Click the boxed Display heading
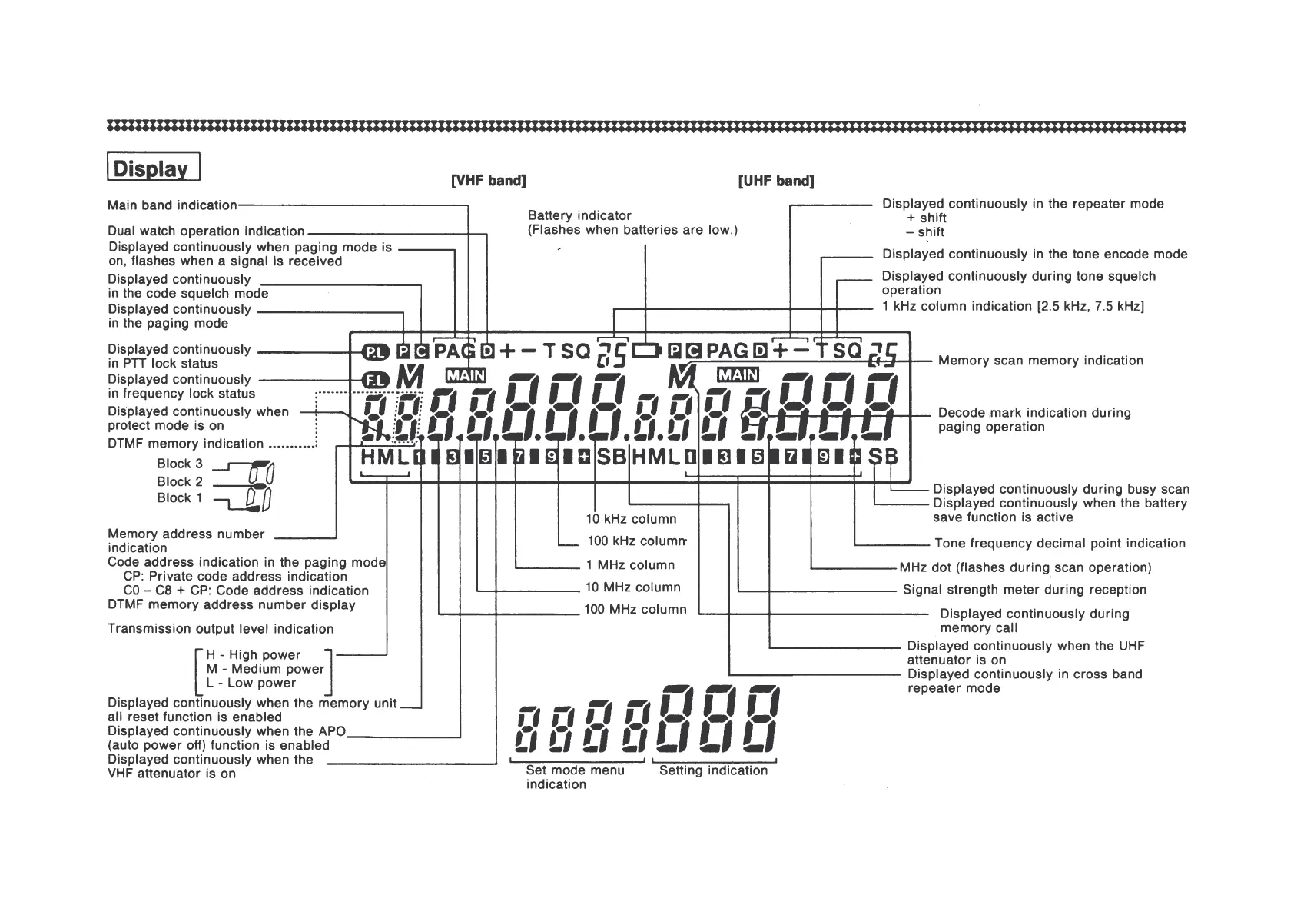153,168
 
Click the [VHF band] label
488,181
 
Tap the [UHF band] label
775,181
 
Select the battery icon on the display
645,351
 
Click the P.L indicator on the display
377,352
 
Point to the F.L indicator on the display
377,380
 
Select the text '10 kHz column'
631,519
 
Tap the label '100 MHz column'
635,609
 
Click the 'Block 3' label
180,464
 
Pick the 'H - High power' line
253,654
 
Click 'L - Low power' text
251,683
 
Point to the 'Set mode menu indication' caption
575,777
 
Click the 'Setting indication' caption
713,770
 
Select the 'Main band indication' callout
172,205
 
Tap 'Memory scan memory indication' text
1040,361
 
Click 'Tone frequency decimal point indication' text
1060,544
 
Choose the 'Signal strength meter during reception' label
1024,590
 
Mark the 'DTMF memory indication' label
185,444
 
